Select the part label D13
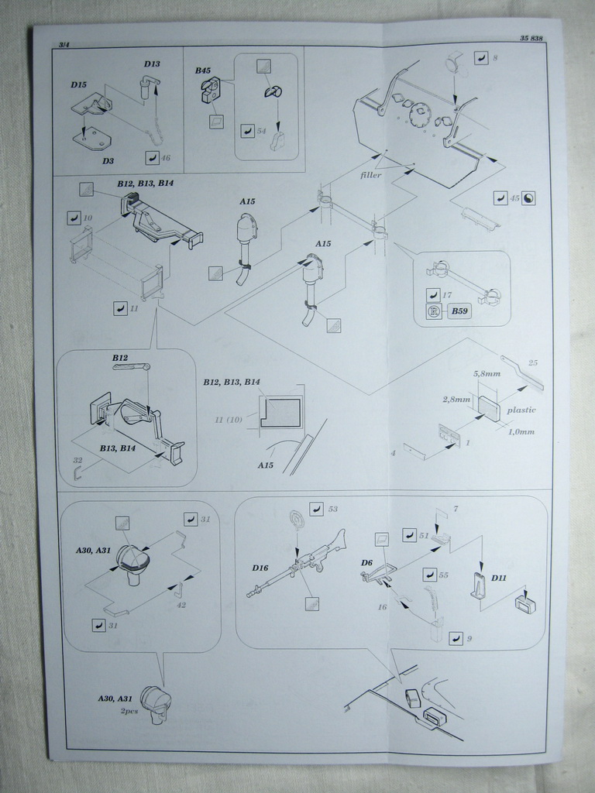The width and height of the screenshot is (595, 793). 152,64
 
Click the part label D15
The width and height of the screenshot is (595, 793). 78,84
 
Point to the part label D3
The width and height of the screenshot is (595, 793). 108,161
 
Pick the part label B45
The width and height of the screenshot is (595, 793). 203,70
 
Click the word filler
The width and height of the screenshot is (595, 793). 371,175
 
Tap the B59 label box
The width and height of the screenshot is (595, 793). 459,312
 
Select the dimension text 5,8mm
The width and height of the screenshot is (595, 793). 487,373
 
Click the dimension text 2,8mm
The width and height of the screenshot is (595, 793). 456,400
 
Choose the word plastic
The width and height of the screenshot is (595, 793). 521,410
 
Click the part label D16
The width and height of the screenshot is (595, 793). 260,568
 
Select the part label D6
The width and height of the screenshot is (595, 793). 367,562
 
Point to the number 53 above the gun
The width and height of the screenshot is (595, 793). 333,509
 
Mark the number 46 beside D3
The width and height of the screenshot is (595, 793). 165,158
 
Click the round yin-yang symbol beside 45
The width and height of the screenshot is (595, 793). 528,198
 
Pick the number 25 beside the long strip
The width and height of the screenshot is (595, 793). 532,362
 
